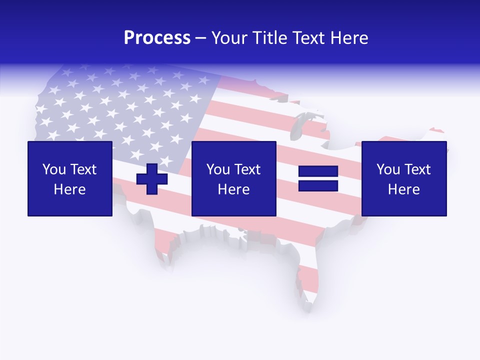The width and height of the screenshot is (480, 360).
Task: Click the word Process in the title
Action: click(x=157, y=38)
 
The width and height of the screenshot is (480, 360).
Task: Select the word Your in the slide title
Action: click(x=227, y=38)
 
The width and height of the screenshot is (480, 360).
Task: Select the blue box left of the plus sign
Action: click(x=70, y=178)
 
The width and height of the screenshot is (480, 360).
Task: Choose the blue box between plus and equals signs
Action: click(x=233, y=178)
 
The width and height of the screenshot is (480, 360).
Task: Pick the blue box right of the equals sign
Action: click(x=404, y=178)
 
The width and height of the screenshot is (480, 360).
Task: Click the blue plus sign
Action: click(x=152, y=178)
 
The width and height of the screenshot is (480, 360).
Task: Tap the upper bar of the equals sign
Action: click(x=318, y=171)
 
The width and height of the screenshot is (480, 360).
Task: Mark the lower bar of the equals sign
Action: click(x=318, y=185)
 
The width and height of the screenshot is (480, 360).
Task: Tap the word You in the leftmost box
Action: click(x=54, y=169)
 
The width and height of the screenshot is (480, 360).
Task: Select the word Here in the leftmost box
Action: click(x=70, y=189)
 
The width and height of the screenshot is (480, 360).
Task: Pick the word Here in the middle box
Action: click(x=233, y=189)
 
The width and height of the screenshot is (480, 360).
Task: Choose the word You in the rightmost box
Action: click(x=388, y=169)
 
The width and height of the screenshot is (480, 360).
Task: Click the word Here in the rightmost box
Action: click(x=404, y=189)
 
